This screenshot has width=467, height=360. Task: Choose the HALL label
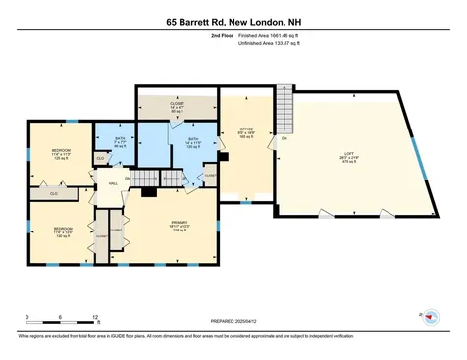click(113, 182)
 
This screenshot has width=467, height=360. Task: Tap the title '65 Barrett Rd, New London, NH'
click(233, 21)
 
